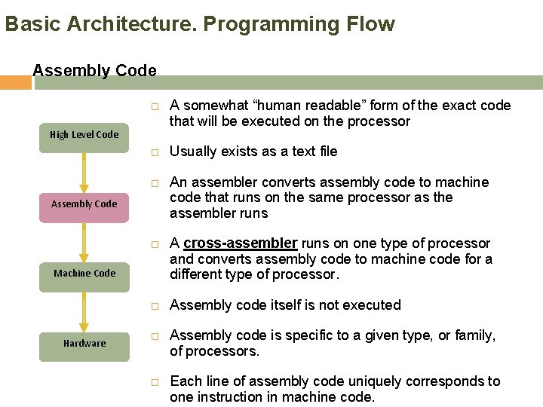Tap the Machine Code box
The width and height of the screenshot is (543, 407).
(x=84, y=274)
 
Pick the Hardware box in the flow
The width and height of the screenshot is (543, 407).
(x=84, y=344)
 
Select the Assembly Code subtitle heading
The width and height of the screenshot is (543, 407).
(x=94, y=71)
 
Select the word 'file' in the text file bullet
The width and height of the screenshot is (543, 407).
(x=327, y=151)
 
